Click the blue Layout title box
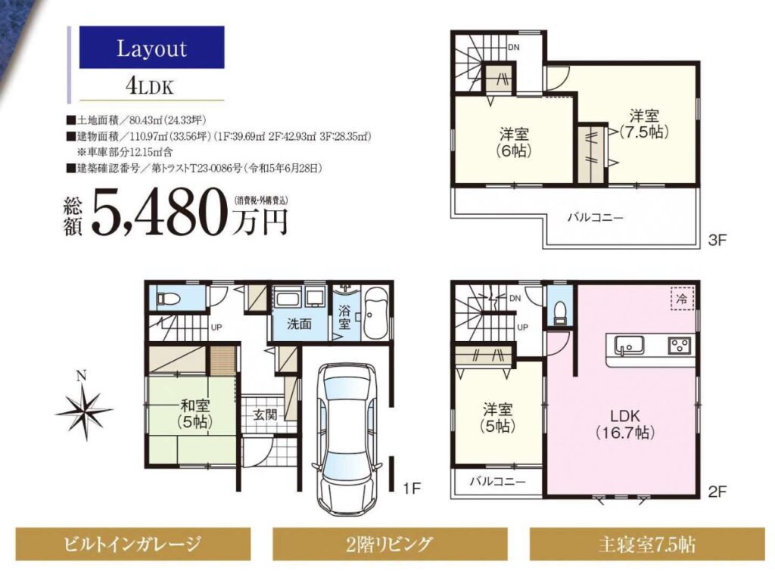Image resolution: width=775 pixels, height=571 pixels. [x=151, y=48]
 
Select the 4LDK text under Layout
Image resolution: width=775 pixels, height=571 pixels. [x=150, y=86]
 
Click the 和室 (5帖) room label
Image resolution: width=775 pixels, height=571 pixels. [x=195, y=414]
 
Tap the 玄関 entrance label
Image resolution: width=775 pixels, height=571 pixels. [x=266, y=414]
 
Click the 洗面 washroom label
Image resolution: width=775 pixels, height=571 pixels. [x=300, y=324]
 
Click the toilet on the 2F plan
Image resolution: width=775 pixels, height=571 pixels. [x=559, y=312]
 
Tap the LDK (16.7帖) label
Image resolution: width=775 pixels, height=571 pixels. [x=625, y=424]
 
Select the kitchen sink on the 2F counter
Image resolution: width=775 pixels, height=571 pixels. [x=629, y=346]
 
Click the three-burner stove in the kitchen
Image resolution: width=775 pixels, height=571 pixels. [x=680, y=345]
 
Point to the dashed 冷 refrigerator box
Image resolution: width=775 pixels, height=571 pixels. [x=682, y=298]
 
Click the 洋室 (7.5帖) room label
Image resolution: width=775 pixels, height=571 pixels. [x=644, y=124]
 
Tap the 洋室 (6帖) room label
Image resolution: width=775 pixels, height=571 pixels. [x=514, y=142]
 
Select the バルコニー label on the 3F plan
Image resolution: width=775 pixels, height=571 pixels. [x=595, y=217]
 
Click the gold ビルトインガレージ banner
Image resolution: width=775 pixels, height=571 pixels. [x=133, y=544]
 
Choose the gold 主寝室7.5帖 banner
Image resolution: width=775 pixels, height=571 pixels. [x=647, y=544]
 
